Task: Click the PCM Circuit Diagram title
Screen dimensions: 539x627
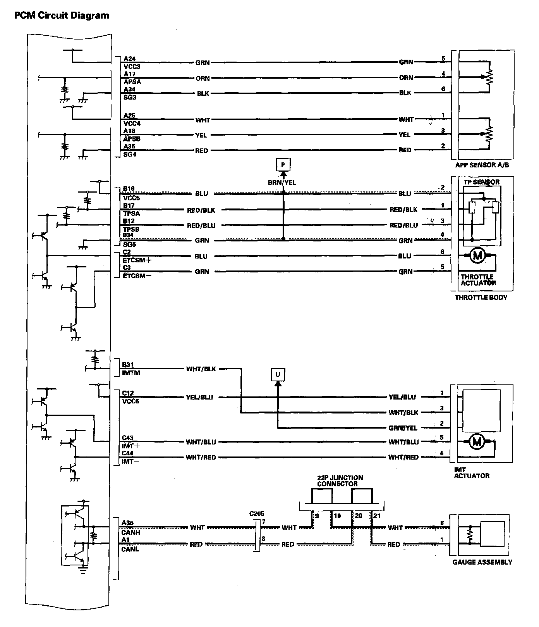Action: click(x=62, y=16)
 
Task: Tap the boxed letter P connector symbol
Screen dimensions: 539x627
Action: click(x=283, y=165)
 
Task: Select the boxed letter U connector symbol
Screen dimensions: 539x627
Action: click(x=278, y=374)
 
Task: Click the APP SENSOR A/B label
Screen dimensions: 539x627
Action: click(x=482, y=165)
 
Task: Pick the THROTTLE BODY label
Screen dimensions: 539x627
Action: click(x=481, y=298)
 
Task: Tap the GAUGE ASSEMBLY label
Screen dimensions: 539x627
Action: click(x=482, y=562)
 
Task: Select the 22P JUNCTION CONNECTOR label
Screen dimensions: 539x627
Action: click(x=340, y=481)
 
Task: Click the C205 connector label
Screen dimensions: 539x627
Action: click(x=257, y=514)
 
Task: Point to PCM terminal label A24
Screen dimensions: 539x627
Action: click(x=129, y=59)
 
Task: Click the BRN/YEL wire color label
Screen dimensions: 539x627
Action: click(x=282, y=182)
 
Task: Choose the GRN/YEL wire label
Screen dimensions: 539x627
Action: click(x=403, y=428)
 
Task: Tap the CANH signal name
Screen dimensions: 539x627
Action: click(x=131, y=532)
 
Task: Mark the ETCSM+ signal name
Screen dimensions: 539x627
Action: click(x=137, y=260)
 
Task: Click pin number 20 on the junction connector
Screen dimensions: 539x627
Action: click(x=359, y=516)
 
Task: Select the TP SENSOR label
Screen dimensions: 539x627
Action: click(x=481, y=182)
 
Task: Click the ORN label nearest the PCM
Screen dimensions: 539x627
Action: click(x=203, y=78)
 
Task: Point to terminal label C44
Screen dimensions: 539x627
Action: click(x=128, y=453)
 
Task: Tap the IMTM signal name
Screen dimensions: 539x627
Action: click(x=131, y=373)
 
